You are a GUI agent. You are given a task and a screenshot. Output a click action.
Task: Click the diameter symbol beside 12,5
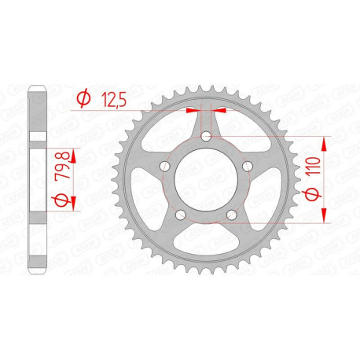pos(81,98)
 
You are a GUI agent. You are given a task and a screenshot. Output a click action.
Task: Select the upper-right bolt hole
pos(247,166)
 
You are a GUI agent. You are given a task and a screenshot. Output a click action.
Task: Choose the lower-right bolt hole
pos(231,214)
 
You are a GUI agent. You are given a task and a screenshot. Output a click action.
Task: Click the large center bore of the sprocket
pos(206,179)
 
